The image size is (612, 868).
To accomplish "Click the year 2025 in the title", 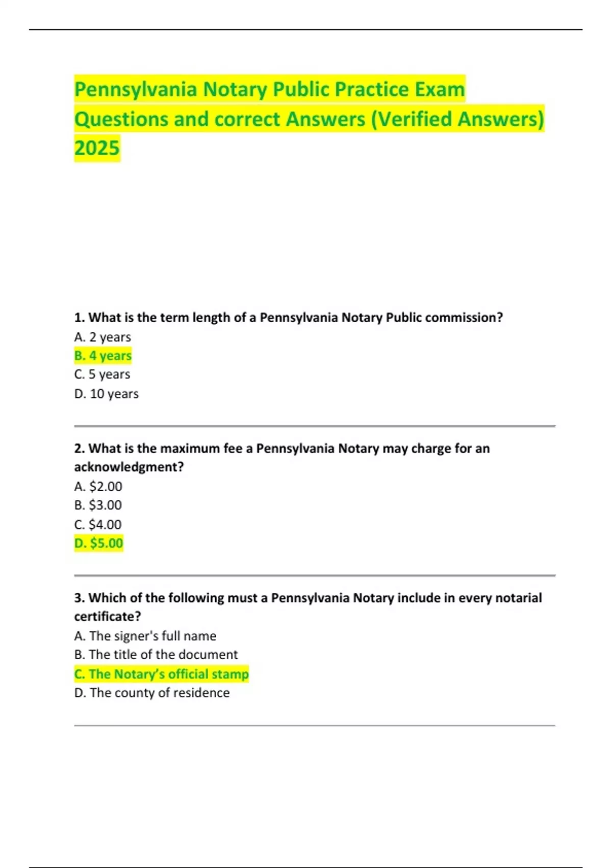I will (97, 148).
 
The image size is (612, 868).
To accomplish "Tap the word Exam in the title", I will (440, 89).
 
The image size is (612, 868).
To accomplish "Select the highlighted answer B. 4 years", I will (103, 355).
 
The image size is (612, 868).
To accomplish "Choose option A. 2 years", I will (103, 337).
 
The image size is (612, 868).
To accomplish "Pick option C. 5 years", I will (102, 374).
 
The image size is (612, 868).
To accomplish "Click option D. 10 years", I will (106, 394).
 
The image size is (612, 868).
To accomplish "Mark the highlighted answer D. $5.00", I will (99, 543).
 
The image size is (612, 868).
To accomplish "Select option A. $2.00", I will (98, 486).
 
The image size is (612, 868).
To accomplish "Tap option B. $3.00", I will (98, 505).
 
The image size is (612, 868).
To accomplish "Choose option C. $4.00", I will (98, 524).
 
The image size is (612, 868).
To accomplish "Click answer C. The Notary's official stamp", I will (161, 674).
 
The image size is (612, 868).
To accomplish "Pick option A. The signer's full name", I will (145, 636).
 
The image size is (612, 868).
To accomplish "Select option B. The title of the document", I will (156, 655).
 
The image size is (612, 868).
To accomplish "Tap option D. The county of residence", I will (151, 693).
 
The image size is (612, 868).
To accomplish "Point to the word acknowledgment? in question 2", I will (129, 467).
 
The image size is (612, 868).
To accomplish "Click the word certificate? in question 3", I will (107, 616).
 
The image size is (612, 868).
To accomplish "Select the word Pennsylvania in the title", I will (136, 89).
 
